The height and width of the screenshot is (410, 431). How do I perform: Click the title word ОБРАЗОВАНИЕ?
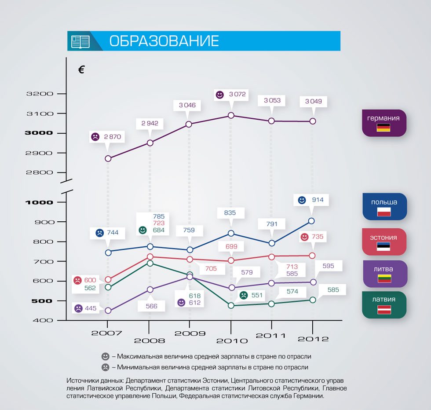pyautogui.click(x=164, y=41)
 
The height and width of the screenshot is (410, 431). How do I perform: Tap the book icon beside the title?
pyautogui.click(x=80, y=41)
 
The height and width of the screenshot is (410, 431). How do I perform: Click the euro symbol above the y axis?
pyautogui.click(x=81, y=70)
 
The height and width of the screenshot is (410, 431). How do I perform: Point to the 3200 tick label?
pyautogui.click(x=40, y=94)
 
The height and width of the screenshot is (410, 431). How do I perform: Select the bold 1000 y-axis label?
pyautogui.click(x=39, y=202)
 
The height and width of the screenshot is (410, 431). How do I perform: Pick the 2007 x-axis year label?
pyautogui.click(x=107, y=333)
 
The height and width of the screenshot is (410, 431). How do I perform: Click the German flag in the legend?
pyautogui.click(x=384, y=128)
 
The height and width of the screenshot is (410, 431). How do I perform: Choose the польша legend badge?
pyautogui.click(x=384, y=206)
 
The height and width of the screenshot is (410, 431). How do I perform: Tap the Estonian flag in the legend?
pyautogui.click(x=384, y=246)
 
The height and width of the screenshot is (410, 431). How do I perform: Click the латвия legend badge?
pyautogui.click(x=384, y=304)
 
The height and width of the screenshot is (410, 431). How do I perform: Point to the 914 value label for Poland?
pyautogui.click(x=318, y=200)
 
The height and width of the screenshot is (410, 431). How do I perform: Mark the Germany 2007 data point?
pyautogui.click(x=108, y=159)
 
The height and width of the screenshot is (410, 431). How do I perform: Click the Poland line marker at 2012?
pyautogui.click(x=311, y=221)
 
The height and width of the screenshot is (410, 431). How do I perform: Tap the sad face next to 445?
pyautogui.click(x=78, y=308)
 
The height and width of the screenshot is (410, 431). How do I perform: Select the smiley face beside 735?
pyautogui.click(x=304, y=237)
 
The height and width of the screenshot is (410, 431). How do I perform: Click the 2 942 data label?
pyautogui.click(x=150, y=124)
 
